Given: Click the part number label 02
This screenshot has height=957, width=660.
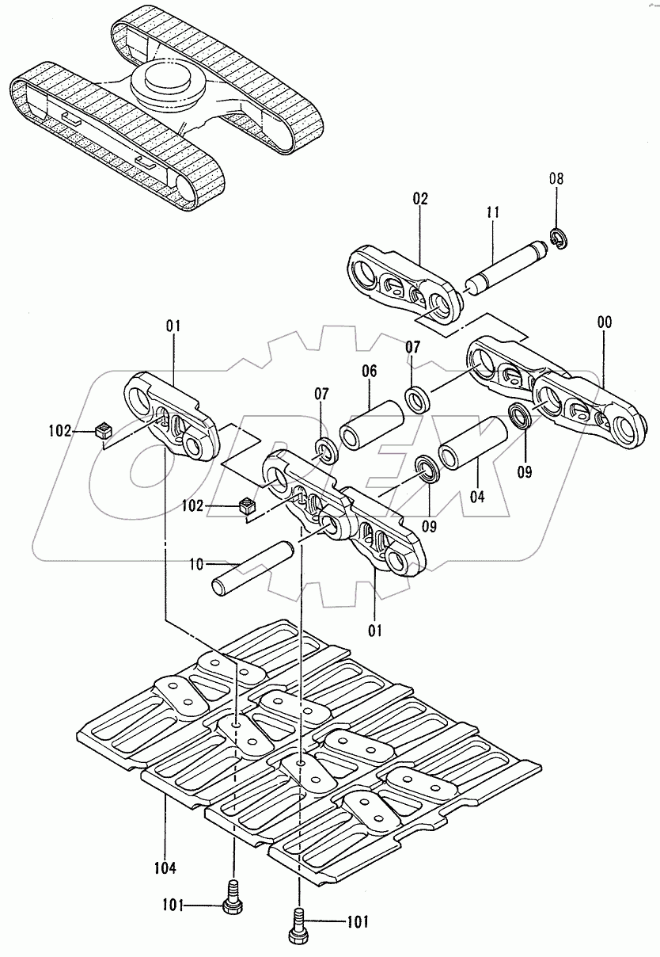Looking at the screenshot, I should coord(419,199).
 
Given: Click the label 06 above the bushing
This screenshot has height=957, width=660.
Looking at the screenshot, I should coord(370,371).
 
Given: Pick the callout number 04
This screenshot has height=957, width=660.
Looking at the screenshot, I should coord(477,498).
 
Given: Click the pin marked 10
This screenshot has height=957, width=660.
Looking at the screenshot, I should coord(249,569).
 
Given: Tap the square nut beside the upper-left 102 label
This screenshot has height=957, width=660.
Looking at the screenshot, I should coord(101,430).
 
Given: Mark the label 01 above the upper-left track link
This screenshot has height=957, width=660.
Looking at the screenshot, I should coord(174,325).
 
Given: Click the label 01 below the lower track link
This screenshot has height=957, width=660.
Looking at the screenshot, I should coord(375,631).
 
